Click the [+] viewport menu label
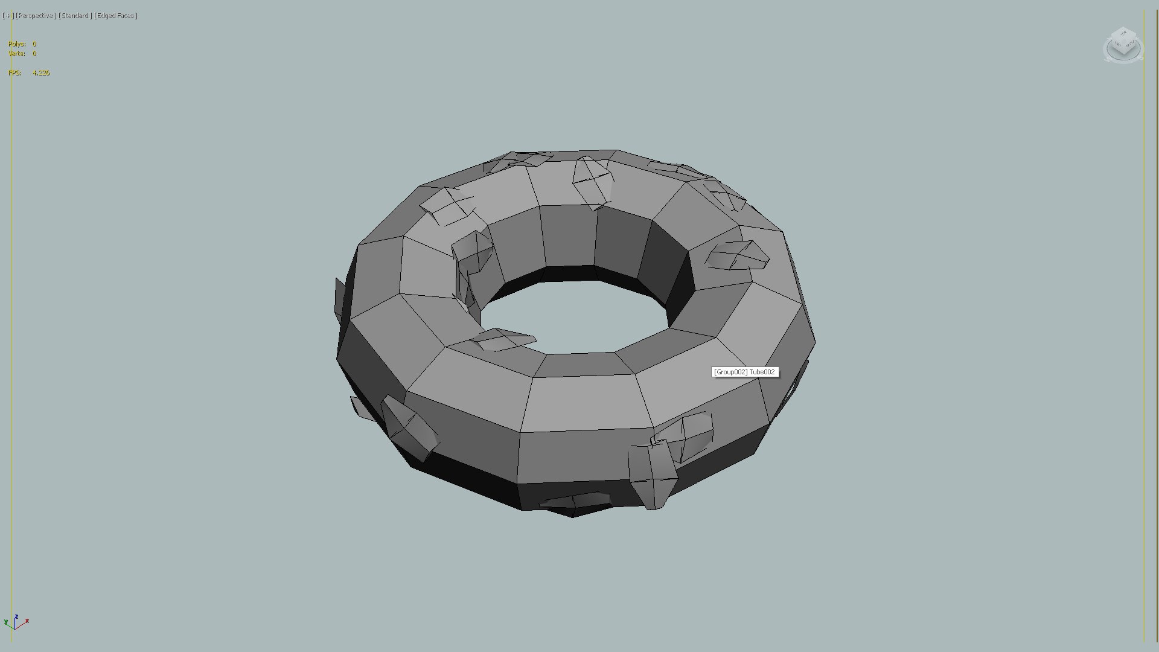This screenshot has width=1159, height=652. pyautogui.click(x=8, y=16)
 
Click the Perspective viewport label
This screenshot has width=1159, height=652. pyautogui.click(x=36, y=16)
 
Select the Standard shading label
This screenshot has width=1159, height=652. pyautogui.click(x=75, y=16)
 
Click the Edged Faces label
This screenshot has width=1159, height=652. pyautogui.click(x=116, y=16)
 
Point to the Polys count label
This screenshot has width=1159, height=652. pyautogui.click(x=17, y=44)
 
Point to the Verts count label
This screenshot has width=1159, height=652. pyautogui.click(x=17, y=54)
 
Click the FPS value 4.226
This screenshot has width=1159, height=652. pyautogui.click(x=41, y=73)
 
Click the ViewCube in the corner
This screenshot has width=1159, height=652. pyautogui.click(x=1123, y=45)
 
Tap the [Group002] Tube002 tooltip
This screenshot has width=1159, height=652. pyautogui.click(x=744, y=372)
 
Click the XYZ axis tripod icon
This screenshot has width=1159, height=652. pyautogui.click(x=16, y=622)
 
